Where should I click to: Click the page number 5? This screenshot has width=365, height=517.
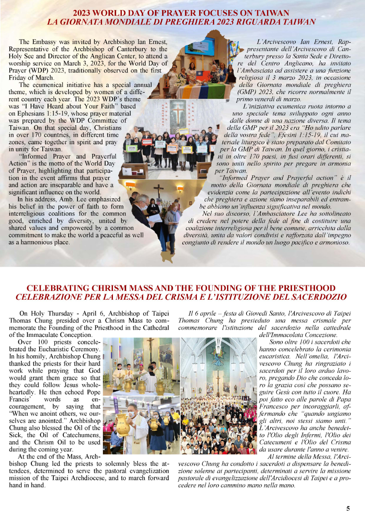[348, 509]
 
